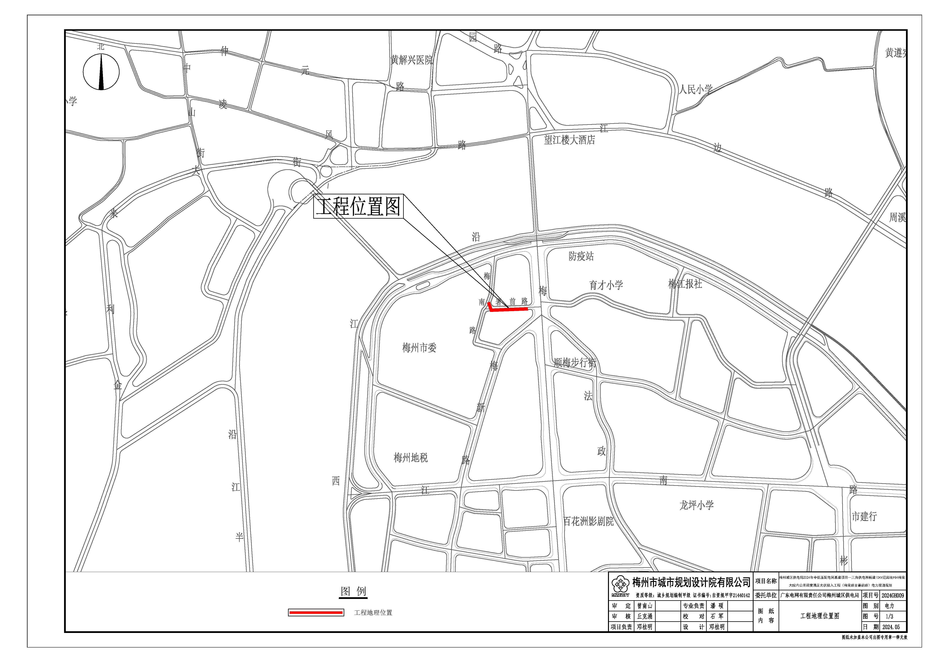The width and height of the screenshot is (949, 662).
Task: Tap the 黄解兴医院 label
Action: point(412,60)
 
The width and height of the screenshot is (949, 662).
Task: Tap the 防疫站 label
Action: point(581,256)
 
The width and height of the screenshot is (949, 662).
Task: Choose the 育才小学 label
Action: point(606,285)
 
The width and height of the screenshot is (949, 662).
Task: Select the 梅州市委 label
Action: point(419,348)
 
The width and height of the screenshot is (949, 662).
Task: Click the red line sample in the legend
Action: point(316,613)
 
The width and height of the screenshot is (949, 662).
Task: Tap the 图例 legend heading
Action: point(353,591)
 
